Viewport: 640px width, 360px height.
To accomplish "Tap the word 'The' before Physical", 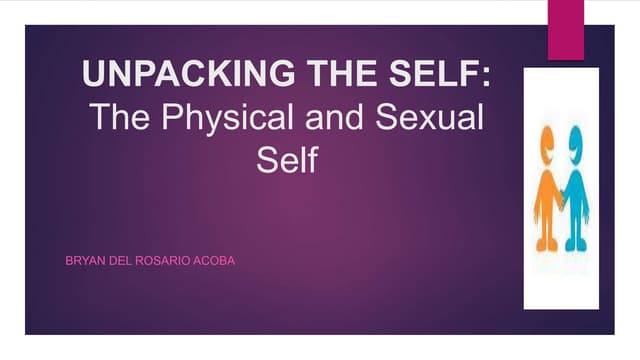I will pos(120,118).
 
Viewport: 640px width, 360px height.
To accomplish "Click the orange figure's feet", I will pos(547,244).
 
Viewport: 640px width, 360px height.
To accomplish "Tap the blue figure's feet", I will pos(577,244).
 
